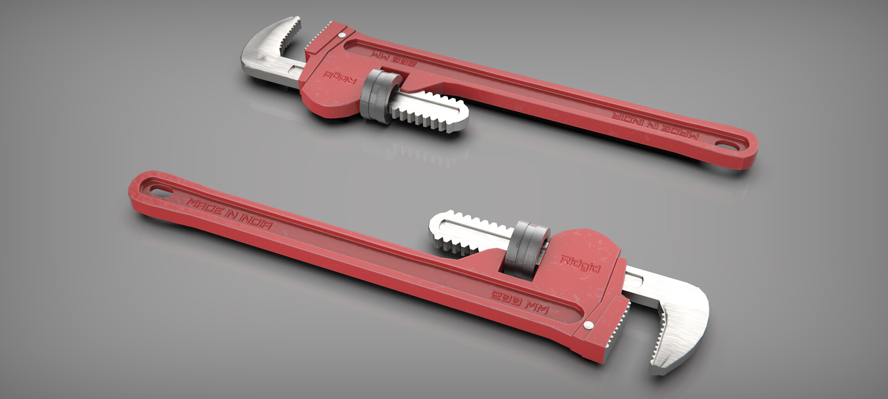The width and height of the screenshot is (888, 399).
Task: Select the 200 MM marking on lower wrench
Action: point(520,302)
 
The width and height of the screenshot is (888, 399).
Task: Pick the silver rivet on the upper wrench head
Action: point(342,34)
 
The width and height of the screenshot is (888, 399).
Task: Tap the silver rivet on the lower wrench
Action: point(588,325)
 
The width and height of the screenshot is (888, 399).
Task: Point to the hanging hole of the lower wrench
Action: point(160,191)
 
